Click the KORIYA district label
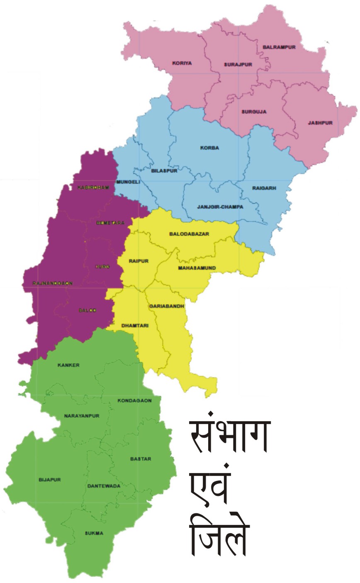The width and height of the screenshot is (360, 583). coord(182,63)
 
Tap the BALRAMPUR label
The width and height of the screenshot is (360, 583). coord(279,47)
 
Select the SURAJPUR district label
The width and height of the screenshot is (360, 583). coord(238,65)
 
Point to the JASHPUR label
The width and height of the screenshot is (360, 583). coord(320,123)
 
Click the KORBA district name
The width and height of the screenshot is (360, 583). coord(209,148)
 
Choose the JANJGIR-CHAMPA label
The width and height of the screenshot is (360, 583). coord(220,207)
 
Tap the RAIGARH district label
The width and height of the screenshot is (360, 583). coord(264,188)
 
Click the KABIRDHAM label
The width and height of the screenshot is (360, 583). coord(93,188)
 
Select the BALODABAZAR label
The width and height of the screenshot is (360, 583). coord(189,234)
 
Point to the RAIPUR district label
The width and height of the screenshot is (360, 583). coord(139,261)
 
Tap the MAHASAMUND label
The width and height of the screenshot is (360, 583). coord(197,268)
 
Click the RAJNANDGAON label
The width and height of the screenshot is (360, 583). coord(53,283)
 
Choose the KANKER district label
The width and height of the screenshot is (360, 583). coord(69,365)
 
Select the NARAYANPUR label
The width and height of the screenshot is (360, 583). coord(82,416)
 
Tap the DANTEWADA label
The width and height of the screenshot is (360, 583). coord(104,486)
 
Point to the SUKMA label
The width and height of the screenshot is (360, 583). coord(94,533)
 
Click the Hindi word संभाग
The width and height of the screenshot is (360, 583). coord(229,438)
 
